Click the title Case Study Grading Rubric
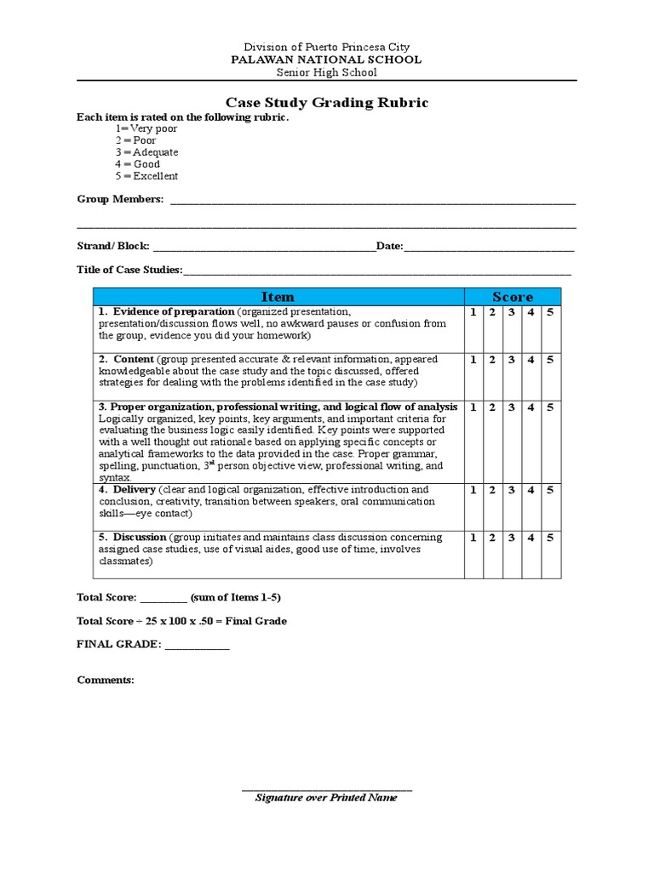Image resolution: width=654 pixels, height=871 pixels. pyautogui.click(x=327, y=103)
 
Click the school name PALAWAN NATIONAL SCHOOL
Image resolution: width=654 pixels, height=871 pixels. pyautogui.click(x=327, y=60)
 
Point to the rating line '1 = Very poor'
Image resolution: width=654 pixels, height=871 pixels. pyautogui.click(x=147, y=128)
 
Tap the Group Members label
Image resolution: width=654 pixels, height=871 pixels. pyautogui.click(x=120, y=199)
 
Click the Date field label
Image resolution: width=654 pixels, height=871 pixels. pyautogui.click(x=389, y=246)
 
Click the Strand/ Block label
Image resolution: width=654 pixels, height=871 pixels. pyautogui.click(x=113, y=246)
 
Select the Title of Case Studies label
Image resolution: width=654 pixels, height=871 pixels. pyautogui.click(x=129, y=270)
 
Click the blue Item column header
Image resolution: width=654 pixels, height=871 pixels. pyautogui.click(x=278, y=297)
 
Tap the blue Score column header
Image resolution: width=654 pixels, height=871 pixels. pyautogui.click(x=513, y=297)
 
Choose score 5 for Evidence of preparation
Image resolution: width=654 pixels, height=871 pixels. pyautogui.click(x=550, y=312)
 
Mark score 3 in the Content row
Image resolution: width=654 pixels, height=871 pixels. pyautogui.click(x=512, y=360)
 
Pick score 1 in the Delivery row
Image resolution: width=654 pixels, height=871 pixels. pyautogui.click(x=473, y=490)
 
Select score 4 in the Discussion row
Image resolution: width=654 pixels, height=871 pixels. pyautogui.click(x=531, y=538)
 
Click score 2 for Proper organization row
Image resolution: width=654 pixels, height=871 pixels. pyautogui.click(x=492, y=407)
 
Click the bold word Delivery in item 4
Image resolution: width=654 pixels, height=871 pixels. pyautogui.click(x=134, y=490)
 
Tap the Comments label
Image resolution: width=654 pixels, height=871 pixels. pyautogui.click(x=106, y=680)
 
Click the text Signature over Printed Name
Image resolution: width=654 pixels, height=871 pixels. pyautogui.click(x=327, y=798)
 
